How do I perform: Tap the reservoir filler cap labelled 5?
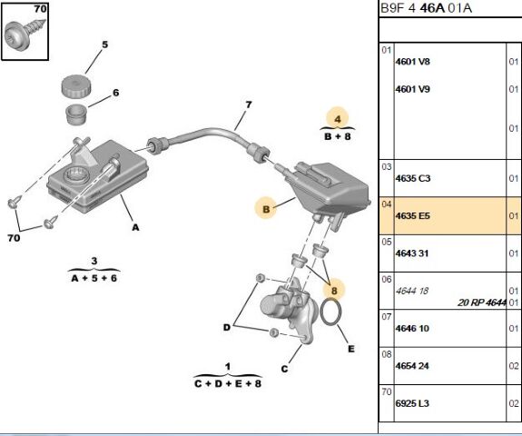tap(76, 86)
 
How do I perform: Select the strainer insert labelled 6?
tap(76, 114)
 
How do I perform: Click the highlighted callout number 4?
tap(338, 119)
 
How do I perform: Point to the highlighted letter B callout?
tap(266, 209)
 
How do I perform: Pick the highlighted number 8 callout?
tap(334, 291)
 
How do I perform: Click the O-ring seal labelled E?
tap(330, 312)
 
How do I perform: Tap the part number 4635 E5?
tap(412, 216)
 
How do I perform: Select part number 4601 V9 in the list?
tap(412, 89)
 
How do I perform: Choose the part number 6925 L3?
tap(412, 403)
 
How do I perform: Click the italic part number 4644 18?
tap(412, 291)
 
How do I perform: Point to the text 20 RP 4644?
tap(482, 302)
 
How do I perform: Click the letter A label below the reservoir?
tap(135, 227)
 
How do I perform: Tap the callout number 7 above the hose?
tap(249, 104)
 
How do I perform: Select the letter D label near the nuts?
tap(227, 327)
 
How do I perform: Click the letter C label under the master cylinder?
tap(284, 369)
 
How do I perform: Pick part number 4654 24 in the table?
tap(412, 366)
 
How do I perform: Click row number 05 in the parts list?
tap(387, 242)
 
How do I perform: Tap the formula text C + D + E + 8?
tap(228, 383)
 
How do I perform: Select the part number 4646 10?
tap(412, 329)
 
